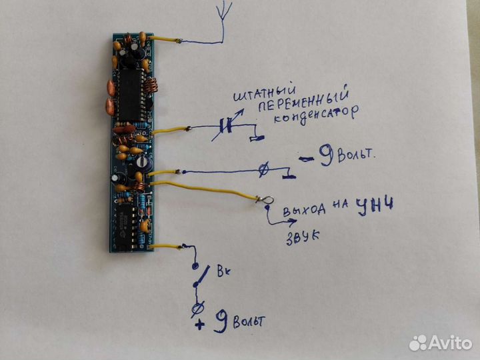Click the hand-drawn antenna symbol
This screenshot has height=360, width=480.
224,20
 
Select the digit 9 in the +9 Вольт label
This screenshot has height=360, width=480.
220,322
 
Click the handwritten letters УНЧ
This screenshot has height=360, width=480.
374,205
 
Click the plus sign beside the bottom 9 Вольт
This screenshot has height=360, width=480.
199,325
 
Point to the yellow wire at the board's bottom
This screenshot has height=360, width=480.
170,246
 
